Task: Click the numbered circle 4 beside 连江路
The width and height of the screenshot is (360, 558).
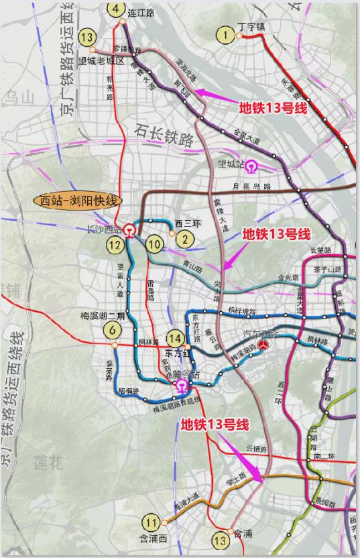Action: (x=117, y=9)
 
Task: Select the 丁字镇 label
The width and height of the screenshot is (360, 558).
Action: (x=252, y=27)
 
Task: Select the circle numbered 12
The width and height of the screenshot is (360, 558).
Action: (x=115, y=245)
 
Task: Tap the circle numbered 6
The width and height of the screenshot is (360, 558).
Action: (x=113, y=329)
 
